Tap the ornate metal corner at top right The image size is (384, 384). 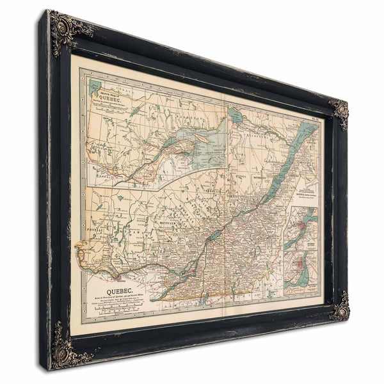339,113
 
